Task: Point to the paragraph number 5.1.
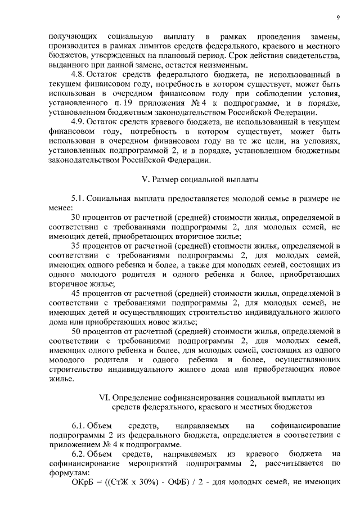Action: [78, 199]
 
